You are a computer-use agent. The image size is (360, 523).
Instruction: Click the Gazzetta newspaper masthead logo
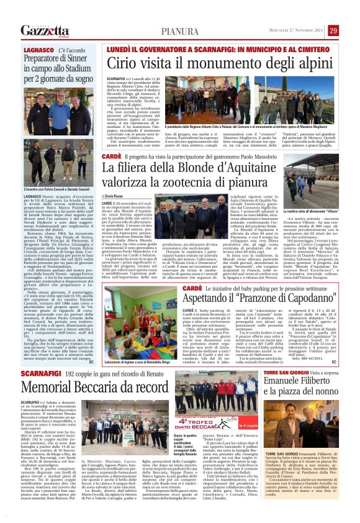(x=44, y=30)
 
